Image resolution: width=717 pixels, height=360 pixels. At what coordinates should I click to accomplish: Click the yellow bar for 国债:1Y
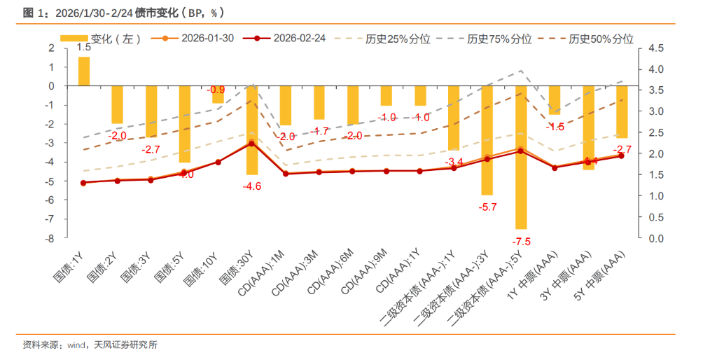pos(83,71)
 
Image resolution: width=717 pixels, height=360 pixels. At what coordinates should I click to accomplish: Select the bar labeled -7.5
pos(521,158)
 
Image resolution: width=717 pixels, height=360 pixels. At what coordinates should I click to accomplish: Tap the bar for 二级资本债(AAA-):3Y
pos(487,140)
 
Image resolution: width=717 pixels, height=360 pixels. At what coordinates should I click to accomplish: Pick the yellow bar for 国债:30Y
pos(252,130)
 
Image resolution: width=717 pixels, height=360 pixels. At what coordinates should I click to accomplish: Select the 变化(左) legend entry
pos(102,39)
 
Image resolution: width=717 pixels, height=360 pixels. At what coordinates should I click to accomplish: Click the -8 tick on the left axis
pos(50,239)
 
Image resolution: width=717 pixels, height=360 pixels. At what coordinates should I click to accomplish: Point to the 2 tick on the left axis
pos(51,48)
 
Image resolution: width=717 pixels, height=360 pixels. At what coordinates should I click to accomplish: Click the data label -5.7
pos(487,207)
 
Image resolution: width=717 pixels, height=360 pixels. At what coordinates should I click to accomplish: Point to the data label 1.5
pos(83,48)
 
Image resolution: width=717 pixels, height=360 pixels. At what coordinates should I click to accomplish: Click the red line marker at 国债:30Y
pos(252,144)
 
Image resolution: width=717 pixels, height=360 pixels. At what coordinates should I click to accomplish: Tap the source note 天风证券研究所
pos(125,345)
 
